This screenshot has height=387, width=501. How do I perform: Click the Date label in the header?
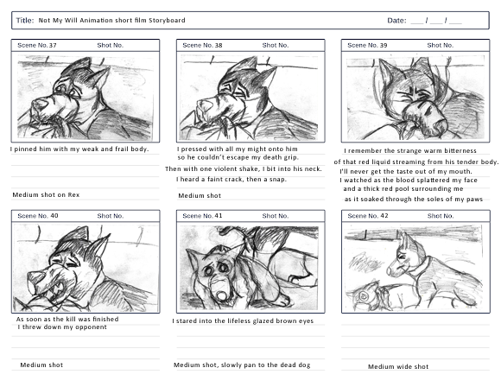pos(396,21)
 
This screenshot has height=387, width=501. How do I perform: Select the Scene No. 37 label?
pos(37,45)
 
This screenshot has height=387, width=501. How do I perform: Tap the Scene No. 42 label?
pos(368,216)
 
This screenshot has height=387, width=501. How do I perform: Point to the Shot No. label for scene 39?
pos(441,45)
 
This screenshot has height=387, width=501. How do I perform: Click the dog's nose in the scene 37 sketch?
pos(39,105)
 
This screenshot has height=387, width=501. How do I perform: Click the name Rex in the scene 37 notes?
pos(73,194)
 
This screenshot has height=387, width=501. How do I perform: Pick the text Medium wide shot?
pos(398,366)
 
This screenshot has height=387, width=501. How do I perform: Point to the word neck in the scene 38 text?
pos(313,168)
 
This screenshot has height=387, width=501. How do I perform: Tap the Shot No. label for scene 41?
pos(276,216)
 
